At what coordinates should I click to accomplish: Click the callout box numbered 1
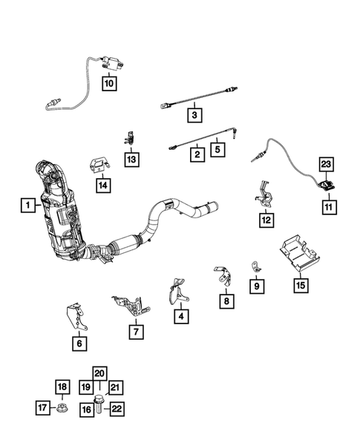point(26,204)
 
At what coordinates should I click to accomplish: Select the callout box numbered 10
point(108,84)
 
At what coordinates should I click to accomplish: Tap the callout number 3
point(194,116)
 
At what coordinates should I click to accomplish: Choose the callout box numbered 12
point(266,220)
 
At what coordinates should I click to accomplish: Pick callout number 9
point(257,286)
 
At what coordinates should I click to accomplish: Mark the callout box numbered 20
point(100,373)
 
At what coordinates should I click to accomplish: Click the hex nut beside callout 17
point(63,408)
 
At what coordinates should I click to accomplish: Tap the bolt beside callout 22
point(100,407)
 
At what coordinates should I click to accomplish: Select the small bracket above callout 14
point(100,163)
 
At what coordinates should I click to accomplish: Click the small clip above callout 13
point(129,136)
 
